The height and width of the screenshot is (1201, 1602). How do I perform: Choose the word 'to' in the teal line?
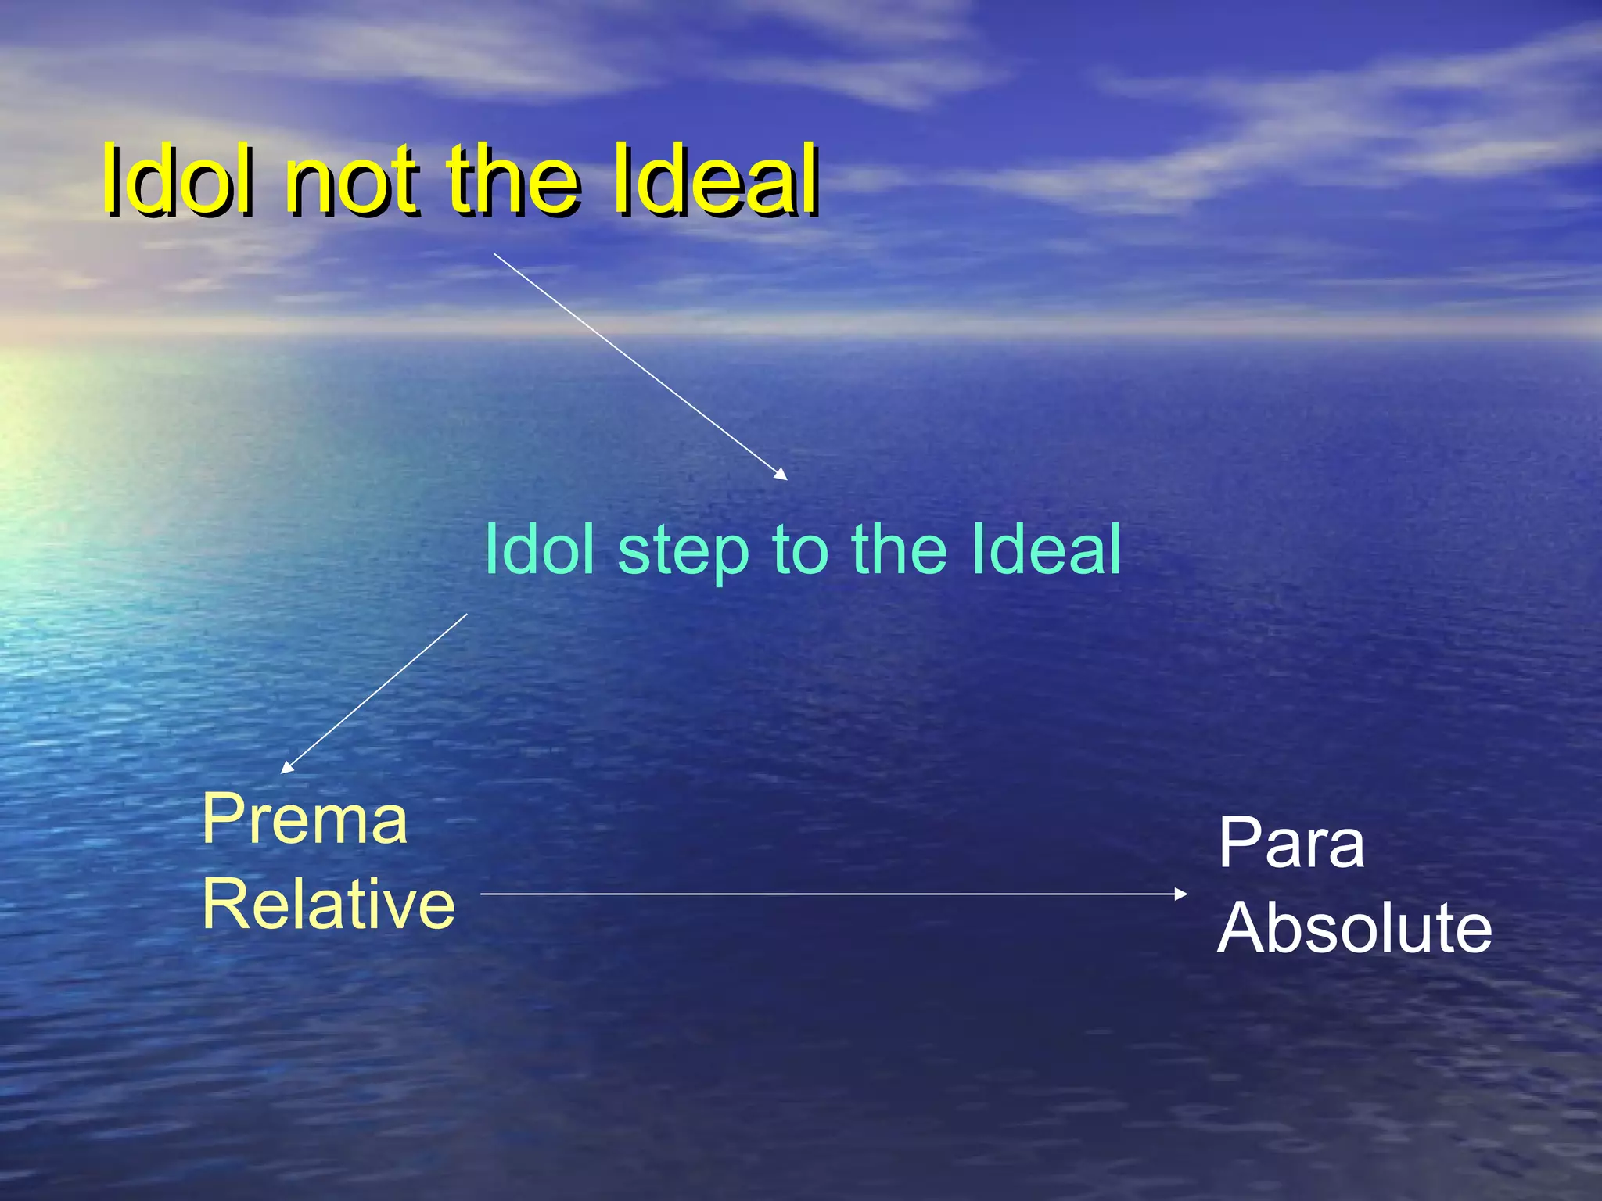pyautogui.click(x=799, y=550)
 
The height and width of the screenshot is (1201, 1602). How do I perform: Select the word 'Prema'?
pyautogui.click(x=305, y=819)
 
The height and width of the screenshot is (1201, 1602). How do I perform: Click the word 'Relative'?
pyautogui.click(x=329, y=904)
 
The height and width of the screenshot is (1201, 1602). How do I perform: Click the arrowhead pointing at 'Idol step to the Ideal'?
pyautogui.click(x=781, y=474)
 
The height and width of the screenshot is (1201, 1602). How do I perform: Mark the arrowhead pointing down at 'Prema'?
pyautogui.click(x=287, y=768)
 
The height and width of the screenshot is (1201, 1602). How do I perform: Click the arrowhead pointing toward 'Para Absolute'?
pyautogui.click(x=1181, y=894)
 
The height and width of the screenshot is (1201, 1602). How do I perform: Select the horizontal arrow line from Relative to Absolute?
pyautogui.click(x=829, y=894)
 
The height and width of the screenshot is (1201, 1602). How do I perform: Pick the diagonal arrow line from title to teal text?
pyautogui.click(x=638, y=364)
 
